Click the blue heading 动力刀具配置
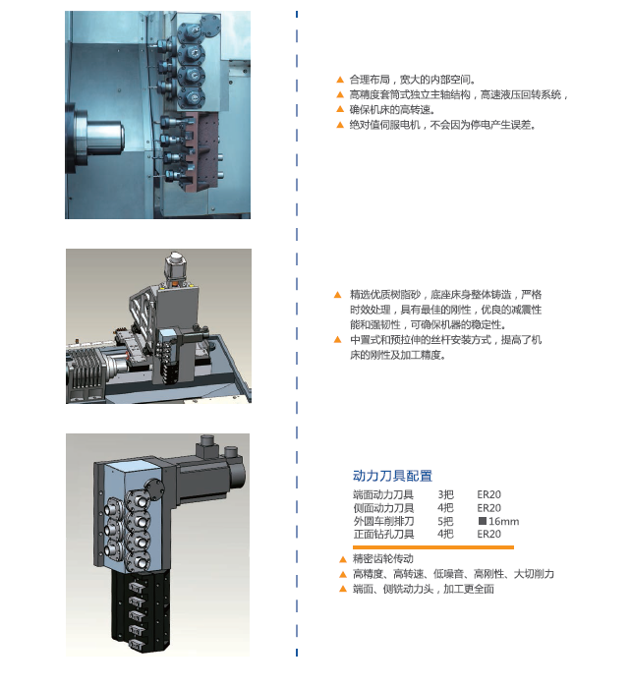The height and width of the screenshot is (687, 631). pos(392,476)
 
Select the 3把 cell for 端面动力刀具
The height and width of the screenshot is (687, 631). pos(445,494)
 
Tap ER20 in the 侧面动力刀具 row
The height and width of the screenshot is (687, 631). pos(488,508)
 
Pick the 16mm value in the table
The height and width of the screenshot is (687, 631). pos(503,521)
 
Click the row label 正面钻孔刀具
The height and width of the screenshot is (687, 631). pos(383,534)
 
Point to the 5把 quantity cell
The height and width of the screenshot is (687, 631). pos(445,521)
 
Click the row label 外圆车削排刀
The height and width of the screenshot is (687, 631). pos(383,521)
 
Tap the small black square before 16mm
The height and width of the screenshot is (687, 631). pos(483,521)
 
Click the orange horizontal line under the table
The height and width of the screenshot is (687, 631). pos(432,547)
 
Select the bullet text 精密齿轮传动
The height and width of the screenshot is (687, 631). pos(383,558)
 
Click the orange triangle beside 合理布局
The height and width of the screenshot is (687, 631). pos(340,80)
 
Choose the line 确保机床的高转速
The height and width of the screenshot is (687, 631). pos(392,109)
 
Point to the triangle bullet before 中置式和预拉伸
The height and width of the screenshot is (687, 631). pos(337,339)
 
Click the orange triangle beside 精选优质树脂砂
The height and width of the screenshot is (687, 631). pos(337,295)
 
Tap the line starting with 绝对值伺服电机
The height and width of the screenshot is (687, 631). pos(442,125)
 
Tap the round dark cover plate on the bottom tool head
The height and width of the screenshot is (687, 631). pos(153,487)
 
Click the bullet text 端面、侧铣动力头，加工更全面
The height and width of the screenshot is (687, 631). pos(424,589)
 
